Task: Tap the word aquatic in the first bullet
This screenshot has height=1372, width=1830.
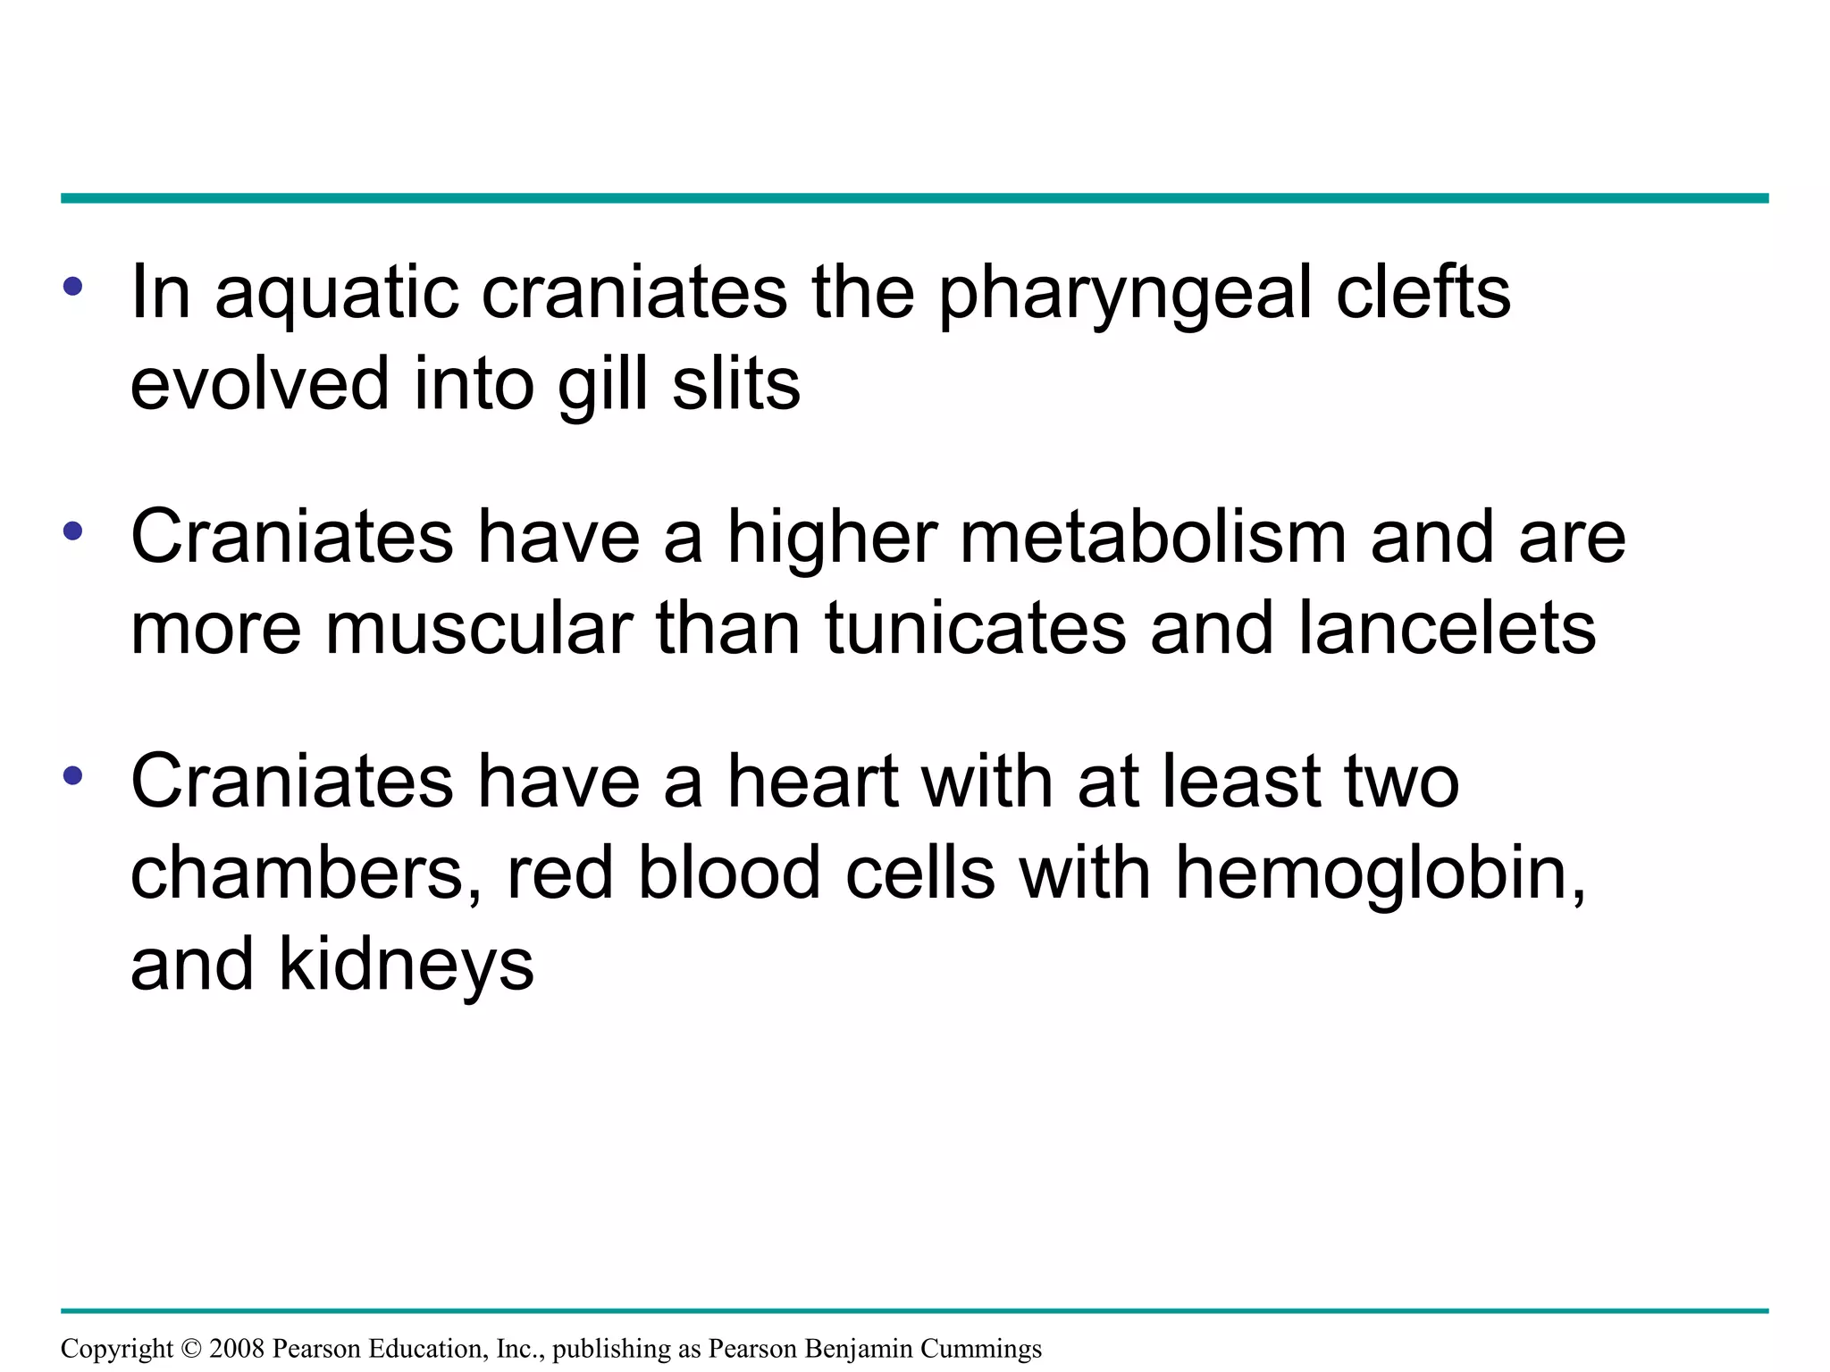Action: (x=336, y=295)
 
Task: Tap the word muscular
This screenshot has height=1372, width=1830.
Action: (x=479, y=629)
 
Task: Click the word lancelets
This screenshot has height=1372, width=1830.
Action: (x=1447, y=629)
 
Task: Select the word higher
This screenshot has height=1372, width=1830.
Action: (x=832, y=540)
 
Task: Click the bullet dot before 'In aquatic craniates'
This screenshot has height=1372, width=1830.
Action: (x=73, y=288)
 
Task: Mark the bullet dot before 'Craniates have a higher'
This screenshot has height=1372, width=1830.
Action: (x=73, y=532)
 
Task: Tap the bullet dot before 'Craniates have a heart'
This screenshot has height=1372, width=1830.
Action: (x=73, y=775)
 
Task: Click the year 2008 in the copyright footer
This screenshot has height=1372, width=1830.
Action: (x=236, y=1348)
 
